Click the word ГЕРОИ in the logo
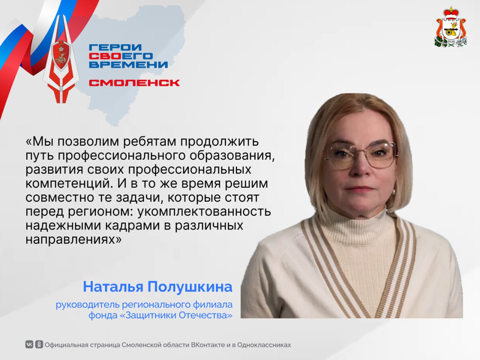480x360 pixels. (x=115, y=47)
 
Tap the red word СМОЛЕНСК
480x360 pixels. (x=134, y=83)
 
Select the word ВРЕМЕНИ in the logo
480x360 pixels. (x=128, y=65)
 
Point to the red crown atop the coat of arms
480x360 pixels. (x=450, y=13)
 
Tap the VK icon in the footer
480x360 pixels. (x=29, y=345)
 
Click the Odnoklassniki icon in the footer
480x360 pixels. (x=39, y=345)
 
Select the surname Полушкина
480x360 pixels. (x=190, y=287)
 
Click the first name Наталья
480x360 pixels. (x=113, y=287)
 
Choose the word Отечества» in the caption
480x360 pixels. (x=205, y=315)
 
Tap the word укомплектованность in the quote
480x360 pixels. (x=204, y=211)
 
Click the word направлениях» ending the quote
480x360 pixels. (x=73, y=240)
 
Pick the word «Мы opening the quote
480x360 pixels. (x=40, y=141)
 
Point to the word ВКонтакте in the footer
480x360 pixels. (x=208, y=345)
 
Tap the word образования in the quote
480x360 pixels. (x=232, y=156)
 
